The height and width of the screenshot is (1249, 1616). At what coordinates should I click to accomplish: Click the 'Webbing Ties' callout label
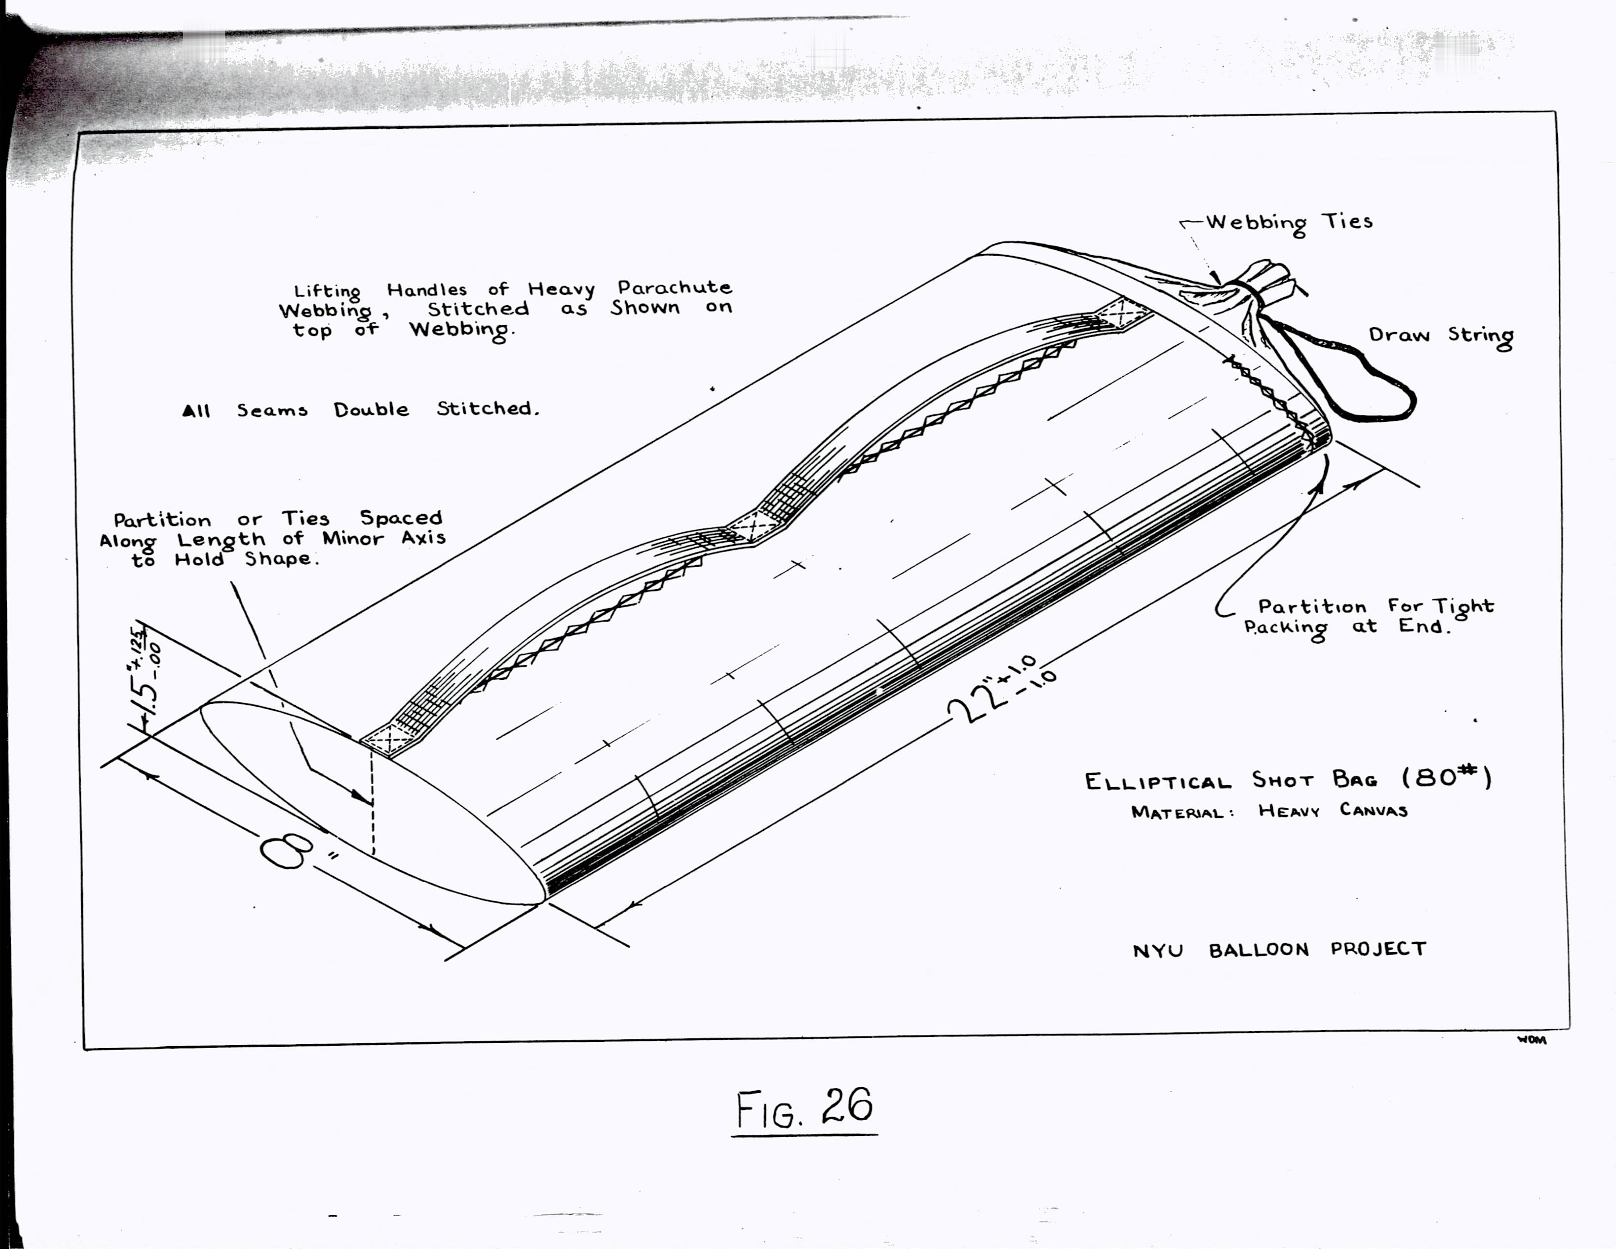click(x=1289, y=222)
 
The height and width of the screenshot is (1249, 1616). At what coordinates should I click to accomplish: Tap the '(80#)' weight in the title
click(x=1447, y=778)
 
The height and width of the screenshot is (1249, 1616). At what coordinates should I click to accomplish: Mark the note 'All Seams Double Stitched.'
click(x=361, y=409)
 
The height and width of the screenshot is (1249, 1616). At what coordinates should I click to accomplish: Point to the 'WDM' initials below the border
click(x=1532, y=1039)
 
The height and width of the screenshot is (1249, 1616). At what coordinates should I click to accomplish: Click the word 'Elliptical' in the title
click(x=1158, y=781)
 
